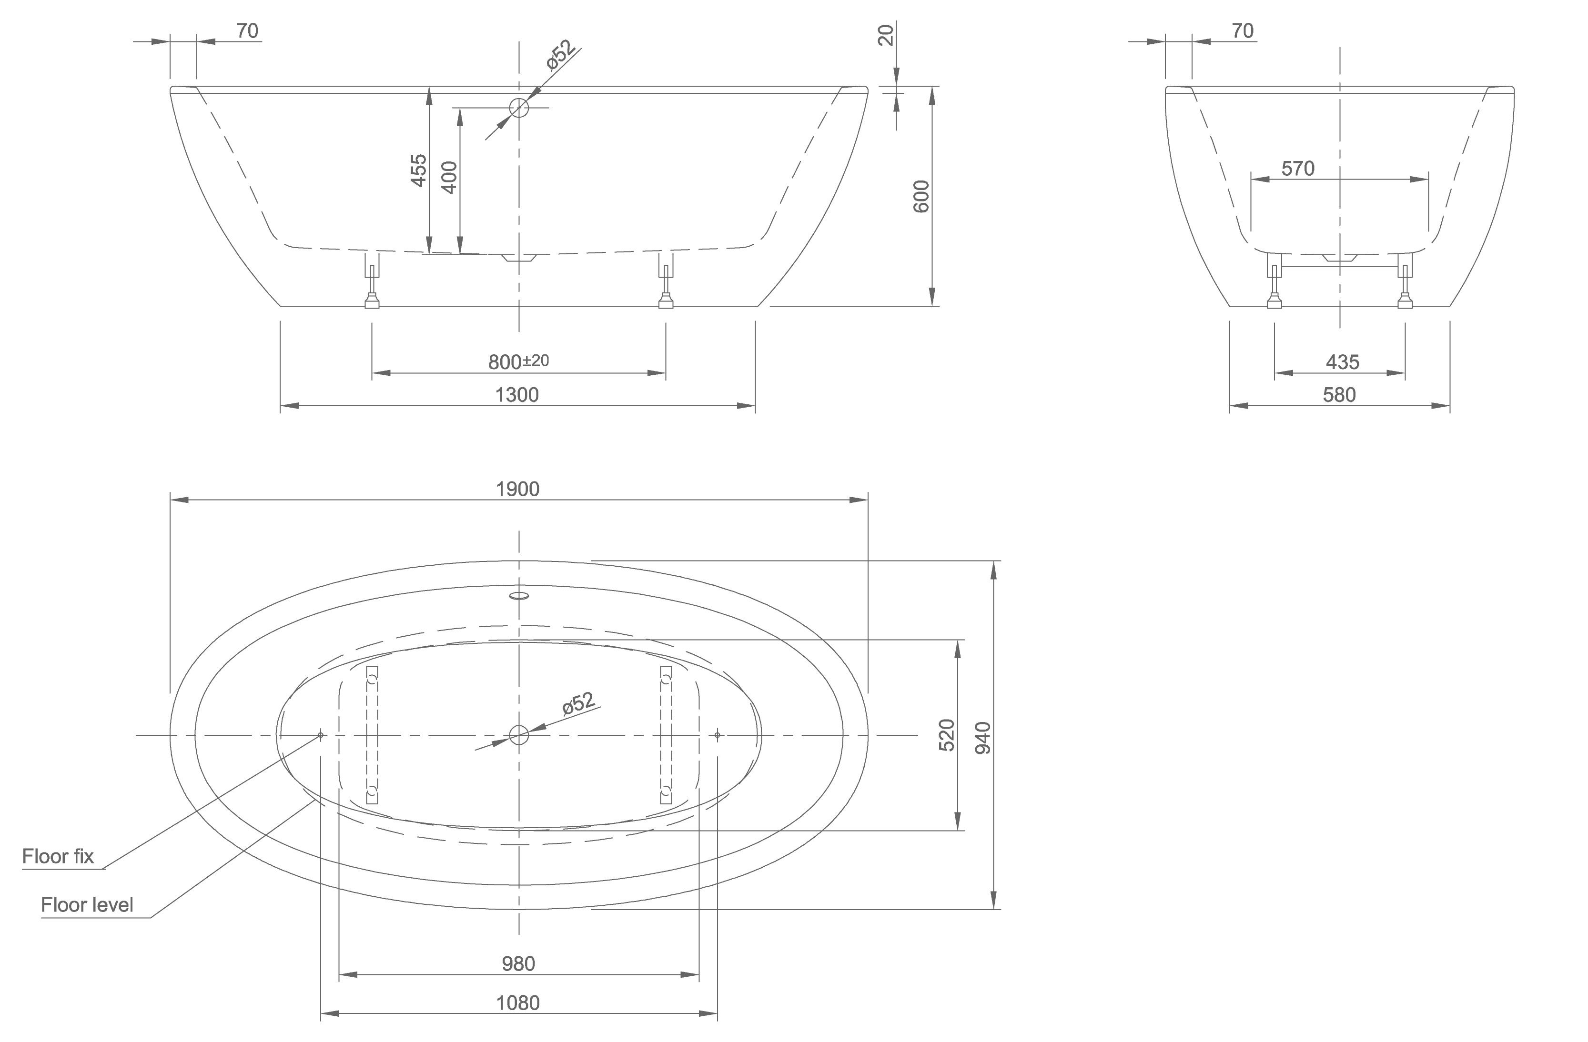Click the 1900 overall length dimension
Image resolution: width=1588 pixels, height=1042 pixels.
point(518,489)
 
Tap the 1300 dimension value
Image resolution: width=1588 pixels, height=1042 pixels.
point(517,395)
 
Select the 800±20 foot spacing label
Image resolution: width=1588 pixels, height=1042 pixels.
point(518,361)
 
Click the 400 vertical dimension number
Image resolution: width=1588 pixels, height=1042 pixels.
point(450,178)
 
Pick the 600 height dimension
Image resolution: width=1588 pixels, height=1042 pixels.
point(921,196)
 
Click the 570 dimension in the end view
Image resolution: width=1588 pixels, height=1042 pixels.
point(1298,169)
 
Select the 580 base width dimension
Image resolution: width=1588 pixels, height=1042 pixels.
point(1339,395)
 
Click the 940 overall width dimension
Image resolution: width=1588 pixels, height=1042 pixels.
point(983,738)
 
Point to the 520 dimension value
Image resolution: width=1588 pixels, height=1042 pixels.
point(947,735)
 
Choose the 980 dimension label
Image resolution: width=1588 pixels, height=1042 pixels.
point(518,963)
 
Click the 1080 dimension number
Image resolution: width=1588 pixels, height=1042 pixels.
point(518,1002)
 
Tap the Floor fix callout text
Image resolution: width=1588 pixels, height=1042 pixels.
point(58,857)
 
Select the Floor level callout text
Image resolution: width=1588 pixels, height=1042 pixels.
point(87,904)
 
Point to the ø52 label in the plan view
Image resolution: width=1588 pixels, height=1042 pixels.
point(578,704)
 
